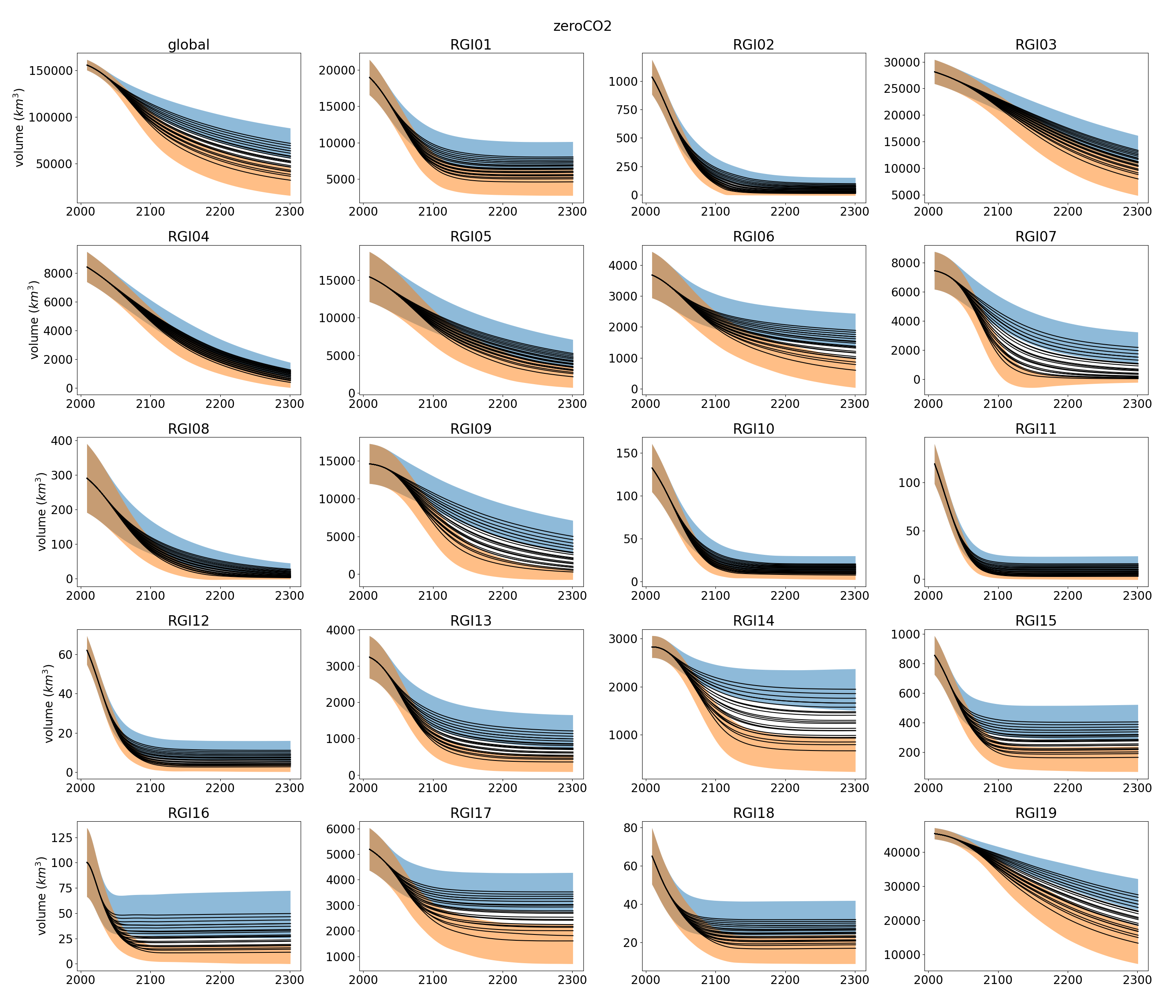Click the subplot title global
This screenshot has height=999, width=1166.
point(189,45)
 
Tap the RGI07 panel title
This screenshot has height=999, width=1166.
point(1035,237)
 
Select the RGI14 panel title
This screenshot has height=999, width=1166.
point(753,621)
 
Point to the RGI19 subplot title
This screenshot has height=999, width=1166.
point(1035,813)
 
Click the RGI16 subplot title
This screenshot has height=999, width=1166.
point(189,813)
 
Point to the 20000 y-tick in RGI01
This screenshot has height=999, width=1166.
point(337,70)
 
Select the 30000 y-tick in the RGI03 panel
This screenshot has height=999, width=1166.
point(902,62)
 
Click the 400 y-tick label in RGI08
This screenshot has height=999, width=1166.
point(62,440)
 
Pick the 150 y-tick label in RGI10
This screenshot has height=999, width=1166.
point(627,453)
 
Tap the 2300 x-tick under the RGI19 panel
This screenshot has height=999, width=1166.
point(1137,980)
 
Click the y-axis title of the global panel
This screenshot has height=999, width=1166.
point(20,128)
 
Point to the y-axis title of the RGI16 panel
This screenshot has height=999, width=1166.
point(42,896)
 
